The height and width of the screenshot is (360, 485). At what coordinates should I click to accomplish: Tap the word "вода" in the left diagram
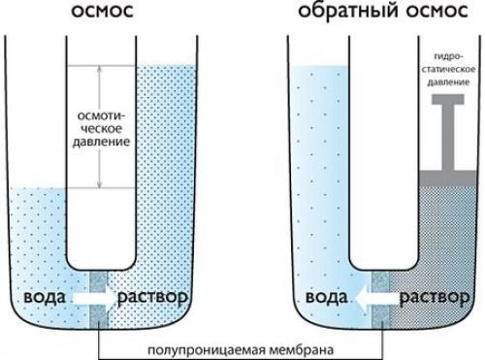tap(45, 296)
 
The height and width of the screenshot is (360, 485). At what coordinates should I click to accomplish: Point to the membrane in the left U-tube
tap(102, 297)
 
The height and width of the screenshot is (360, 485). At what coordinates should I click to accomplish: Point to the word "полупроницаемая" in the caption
tap(210, 347)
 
